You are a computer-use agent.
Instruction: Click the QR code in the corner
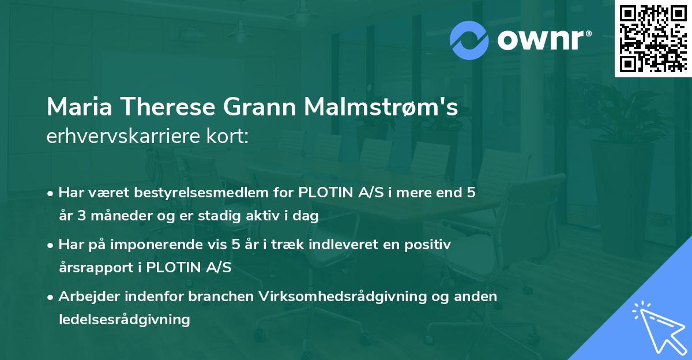point(653,39)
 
